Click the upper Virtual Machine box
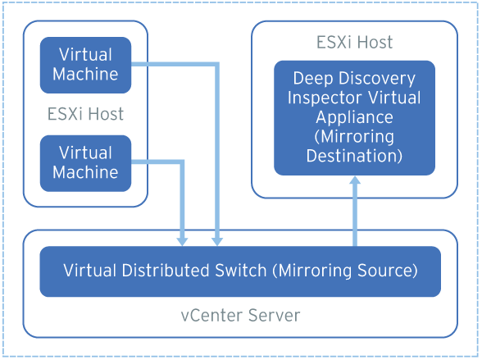pos(85,64)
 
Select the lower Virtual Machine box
pos(85,162)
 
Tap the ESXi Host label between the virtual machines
pos(85,114)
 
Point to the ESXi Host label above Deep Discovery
pos(354,42)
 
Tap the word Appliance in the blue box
pos(355,117)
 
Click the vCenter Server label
pos(240,315)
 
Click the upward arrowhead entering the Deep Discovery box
pos(355,183)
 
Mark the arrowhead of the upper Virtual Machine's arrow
pos(217,240)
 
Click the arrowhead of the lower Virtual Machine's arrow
pos(182,240)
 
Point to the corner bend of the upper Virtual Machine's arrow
pos(217,63)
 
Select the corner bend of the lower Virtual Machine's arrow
pos(182,162)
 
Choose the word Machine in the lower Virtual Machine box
pos(85,172)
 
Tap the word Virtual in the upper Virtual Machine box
pos(85,55)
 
